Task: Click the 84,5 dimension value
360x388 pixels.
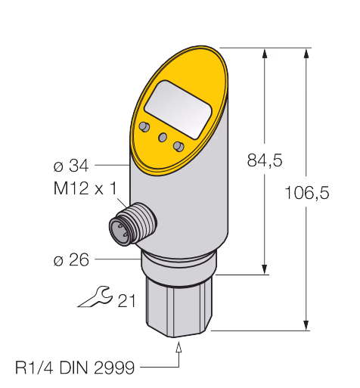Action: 265,160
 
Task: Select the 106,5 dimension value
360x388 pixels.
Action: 306,193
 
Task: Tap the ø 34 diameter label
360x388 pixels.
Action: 71,166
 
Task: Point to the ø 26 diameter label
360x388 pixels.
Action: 71,259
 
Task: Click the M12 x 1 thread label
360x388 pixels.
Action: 85,188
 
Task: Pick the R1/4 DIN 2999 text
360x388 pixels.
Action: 75,368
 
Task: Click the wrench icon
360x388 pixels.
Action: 95,296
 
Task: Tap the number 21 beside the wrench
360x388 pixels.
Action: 127,300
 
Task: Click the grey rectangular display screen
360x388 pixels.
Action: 178,110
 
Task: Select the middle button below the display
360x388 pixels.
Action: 163,137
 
